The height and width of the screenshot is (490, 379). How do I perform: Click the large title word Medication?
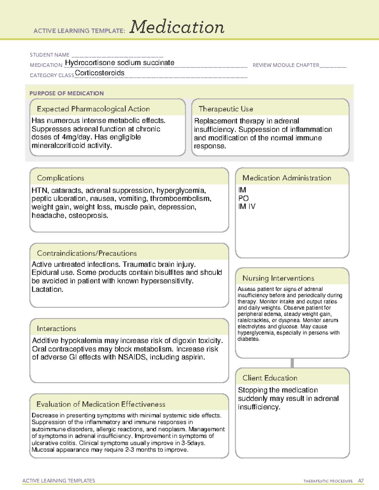tap(177, 27)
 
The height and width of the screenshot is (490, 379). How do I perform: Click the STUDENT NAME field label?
tap(50, 55)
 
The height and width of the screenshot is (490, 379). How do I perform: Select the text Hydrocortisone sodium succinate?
tap(119, 63)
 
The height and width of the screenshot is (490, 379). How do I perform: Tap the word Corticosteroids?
tap(99, 73)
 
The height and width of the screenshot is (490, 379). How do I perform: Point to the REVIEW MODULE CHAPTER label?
tap(286, 65)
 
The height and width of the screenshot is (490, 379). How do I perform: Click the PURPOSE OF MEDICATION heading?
tap(67, 93)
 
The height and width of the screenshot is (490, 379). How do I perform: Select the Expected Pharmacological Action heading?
tap(93, 109)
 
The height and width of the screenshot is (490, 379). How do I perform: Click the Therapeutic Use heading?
tap(226, 109)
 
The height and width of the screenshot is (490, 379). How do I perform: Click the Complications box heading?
tap(60, 178)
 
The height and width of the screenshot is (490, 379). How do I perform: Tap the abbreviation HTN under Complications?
tap(39, 191)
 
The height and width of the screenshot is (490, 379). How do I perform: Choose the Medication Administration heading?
tap(286, 178)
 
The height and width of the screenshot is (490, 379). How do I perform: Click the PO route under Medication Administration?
tap(244, 198)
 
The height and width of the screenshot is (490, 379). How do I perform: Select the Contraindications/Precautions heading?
tap(87, 253)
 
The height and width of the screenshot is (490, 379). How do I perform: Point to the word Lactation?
tap(47, 289)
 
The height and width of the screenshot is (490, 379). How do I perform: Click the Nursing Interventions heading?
tap(278, 278)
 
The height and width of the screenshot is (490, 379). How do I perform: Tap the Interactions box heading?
tap(56, 329)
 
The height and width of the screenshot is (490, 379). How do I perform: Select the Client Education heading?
tap(270, 378)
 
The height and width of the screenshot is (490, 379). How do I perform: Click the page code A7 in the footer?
tap(361, 481)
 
